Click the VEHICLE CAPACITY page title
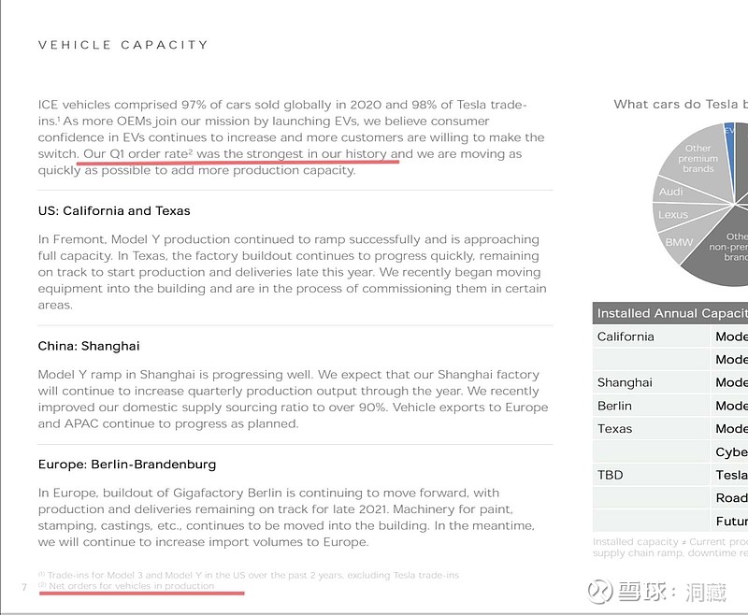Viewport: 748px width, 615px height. [122, 45]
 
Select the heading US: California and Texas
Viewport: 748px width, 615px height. [114, 211]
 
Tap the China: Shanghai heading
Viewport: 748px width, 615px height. [89, 346]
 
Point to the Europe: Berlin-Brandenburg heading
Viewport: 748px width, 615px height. [127, 465]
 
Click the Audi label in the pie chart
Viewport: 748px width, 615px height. [670, 192]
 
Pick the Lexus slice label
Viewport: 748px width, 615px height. [672, 215]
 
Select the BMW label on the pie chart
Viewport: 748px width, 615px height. [679, 242]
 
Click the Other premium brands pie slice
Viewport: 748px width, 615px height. [698, 159]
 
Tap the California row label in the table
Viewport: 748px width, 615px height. [626, 336]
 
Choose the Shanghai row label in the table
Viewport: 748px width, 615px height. [625, 382]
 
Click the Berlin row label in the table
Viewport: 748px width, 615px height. [614, 406]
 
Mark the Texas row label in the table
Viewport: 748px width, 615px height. [614, 429]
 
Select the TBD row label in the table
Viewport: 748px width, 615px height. [610, 475]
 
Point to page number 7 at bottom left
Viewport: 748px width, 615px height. [23, 587]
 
